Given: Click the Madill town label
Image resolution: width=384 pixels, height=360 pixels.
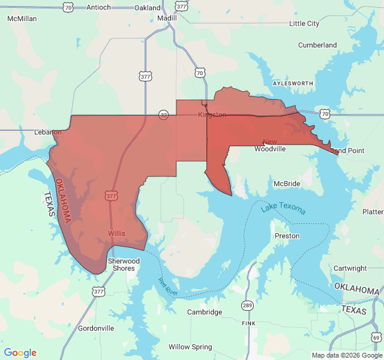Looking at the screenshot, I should click(167, 18).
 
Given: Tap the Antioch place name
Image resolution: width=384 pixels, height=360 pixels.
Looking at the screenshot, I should click(98, 7).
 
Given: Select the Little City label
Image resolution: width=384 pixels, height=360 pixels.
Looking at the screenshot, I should click(304, 23).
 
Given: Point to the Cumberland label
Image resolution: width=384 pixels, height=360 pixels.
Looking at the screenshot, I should click(317, 45).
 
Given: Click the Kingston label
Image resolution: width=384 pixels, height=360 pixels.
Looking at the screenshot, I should click(212, 114).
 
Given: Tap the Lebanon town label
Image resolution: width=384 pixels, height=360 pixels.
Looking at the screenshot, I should click(48, 132).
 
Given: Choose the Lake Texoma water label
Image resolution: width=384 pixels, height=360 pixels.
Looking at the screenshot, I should click(283, 208).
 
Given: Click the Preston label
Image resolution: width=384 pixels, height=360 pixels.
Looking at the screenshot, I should click(287, 236).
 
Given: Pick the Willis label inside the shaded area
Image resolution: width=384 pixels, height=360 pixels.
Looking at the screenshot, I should click(117, 233).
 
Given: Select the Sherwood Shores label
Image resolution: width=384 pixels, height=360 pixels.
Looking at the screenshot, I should click(124, 265).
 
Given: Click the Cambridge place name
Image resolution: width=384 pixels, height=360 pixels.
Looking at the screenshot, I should click(205, 312).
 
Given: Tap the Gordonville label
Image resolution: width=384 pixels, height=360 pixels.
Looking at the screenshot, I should click(96, 328).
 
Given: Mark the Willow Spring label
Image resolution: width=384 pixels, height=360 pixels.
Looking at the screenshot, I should click(190, 347).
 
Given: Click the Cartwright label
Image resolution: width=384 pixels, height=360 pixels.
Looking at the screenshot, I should click(350, 268).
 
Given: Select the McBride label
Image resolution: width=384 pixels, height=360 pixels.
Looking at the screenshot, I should click(287, 183).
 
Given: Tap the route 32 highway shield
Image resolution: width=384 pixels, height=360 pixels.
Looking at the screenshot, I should click(164, 114).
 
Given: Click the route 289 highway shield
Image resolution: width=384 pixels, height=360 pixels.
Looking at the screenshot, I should click(247, 305).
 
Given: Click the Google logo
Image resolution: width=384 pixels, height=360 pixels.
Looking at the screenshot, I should click(20, 353).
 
